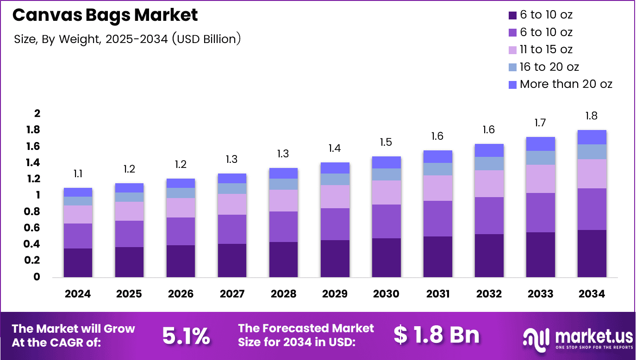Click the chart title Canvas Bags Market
pos(105,15)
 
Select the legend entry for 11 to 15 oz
pos(546,50)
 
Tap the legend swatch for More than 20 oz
pos(512,85)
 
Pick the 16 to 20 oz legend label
pos(549,67)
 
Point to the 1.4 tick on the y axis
pos(34,163)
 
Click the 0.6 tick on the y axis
pos(34,228)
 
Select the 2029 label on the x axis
pos(335,294)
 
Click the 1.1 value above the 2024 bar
pos(78,174)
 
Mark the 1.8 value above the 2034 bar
pos(591,116)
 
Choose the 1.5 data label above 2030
pos(386,143)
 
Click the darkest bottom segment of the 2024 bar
pos(78,262)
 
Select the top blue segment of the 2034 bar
pos(591,137)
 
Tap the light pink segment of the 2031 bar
pos(437,188)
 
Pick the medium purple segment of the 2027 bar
pos(232,229)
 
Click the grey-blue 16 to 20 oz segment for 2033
pos(540,158)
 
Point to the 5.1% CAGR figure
pos(186,335)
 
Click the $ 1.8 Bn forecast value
pos(436,335)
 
